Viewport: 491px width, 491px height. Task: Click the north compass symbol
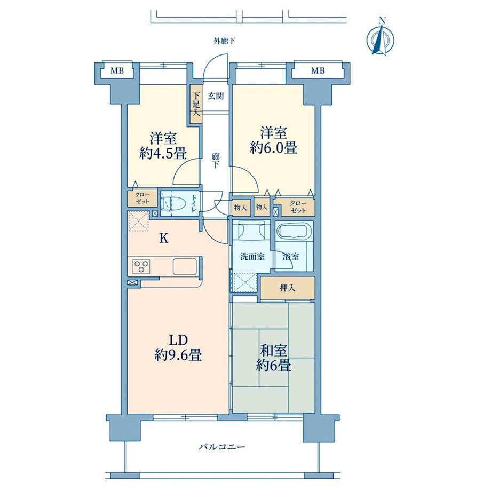tap(380, 37)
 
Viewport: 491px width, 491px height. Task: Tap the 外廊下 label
tap(224, 41)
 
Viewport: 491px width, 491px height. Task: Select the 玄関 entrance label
tap(216, 96)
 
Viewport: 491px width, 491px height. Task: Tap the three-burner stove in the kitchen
tap(141, 266)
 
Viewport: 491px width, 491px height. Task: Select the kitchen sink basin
tap(185, 266)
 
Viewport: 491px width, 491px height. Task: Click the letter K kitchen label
tap(164, 239)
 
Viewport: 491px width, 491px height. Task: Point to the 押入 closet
tap(288, 288)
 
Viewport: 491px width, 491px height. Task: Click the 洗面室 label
tap(252, 257)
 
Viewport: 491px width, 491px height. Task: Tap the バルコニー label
tap(221, 447)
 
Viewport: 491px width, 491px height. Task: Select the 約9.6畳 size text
tap(178, 355)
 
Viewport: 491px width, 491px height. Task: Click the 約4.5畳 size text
tap(163, 153)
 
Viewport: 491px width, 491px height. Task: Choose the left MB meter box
tap(117, 70)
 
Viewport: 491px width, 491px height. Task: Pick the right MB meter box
tap(318, 70)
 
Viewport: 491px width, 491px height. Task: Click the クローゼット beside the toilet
tap(142, 199)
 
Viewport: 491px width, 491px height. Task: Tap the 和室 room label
tap(273, 351)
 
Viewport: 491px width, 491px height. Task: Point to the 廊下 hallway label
tap(216, 161)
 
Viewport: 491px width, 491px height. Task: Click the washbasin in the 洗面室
tap(250, 231)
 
